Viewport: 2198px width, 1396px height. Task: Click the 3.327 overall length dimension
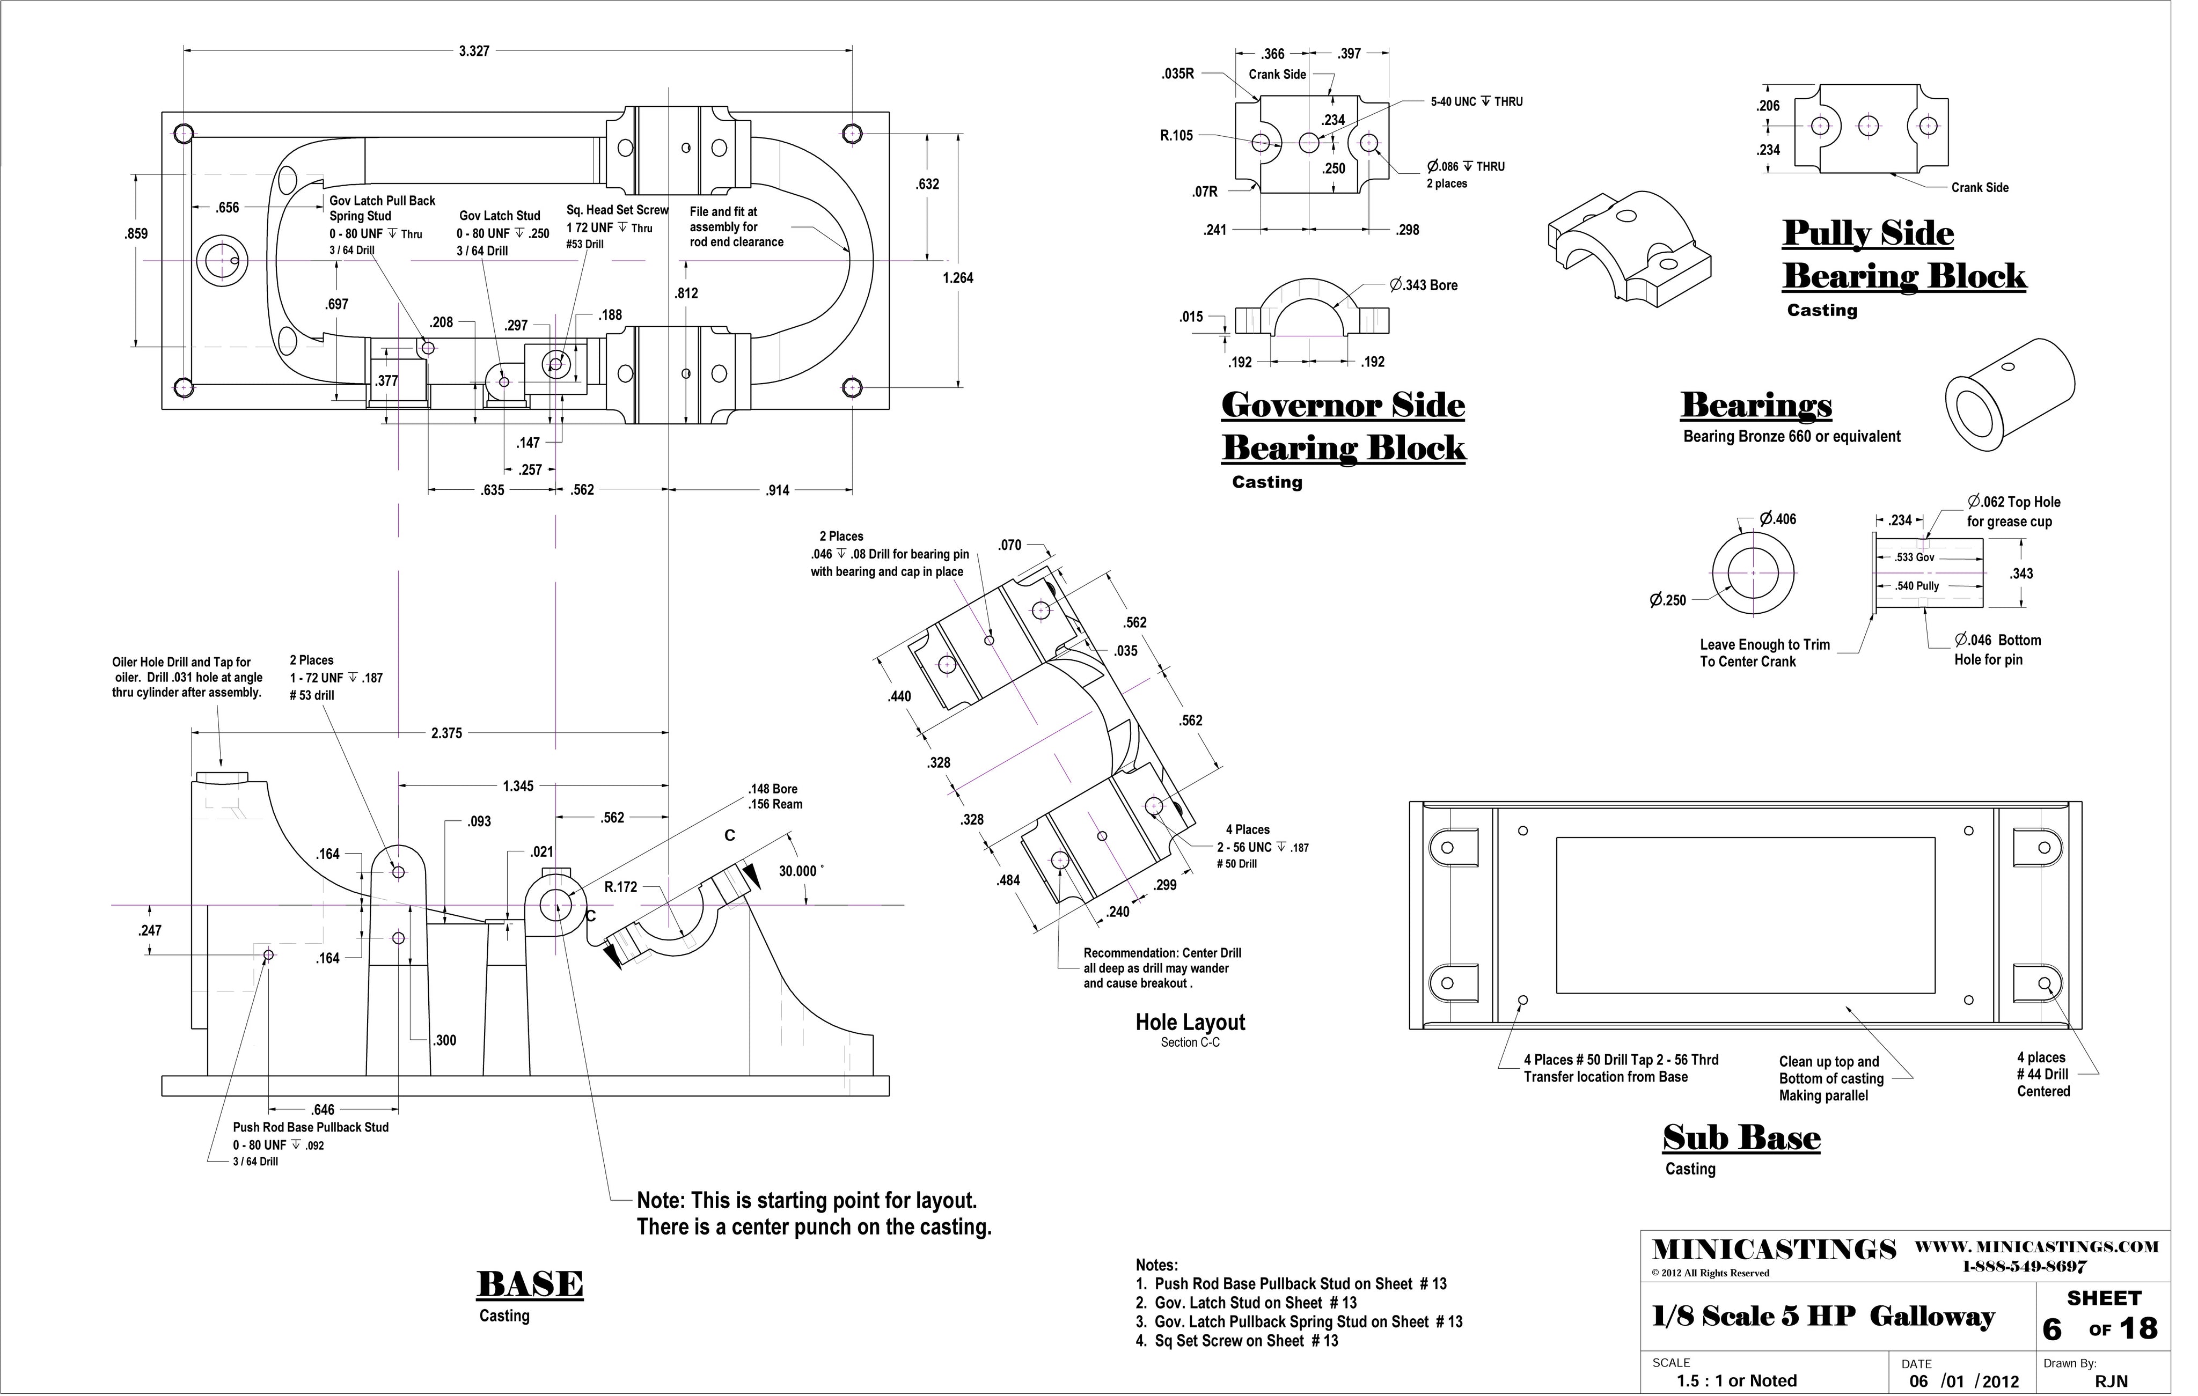pos(474,51)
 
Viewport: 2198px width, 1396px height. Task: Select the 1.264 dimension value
pos(957,277)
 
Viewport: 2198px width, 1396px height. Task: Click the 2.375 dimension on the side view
pos(446,733)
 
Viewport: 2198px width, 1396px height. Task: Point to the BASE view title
pos(530,1285)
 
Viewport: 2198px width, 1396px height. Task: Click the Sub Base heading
pos(1742,1138)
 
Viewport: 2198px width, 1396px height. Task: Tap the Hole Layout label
pos(1190,1022)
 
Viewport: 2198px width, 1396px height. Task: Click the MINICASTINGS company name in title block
pos(1775,1249)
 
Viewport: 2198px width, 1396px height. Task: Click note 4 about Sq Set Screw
pos(1237,1340)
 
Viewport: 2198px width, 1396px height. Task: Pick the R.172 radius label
pos(621,887)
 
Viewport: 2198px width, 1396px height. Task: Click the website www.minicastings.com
pos(2036,1246)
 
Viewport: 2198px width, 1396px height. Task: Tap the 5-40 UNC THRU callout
pos(1476,101)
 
